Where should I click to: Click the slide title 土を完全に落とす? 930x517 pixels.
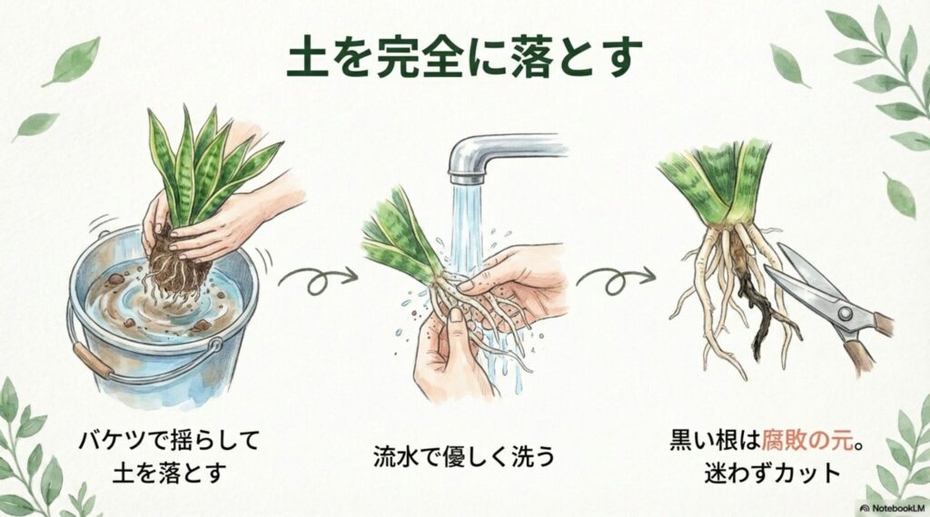[x=464, y=57]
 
